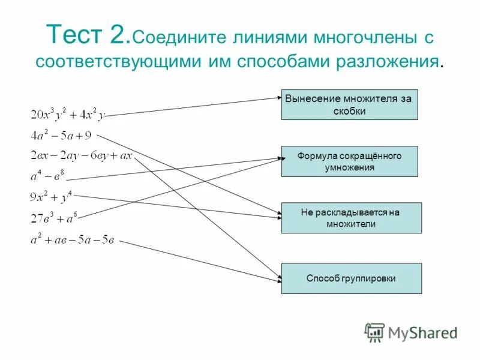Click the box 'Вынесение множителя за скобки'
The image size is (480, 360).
pyautogui.click(x=349, y=104)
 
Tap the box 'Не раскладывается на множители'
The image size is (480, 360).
pyautogui.click(x=351, y=218)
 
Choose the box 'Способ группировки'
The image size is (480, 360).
pyautogui.click(x=351, y=278)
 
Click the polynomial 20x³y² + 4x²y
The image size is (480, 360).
pyautogui.click(x=67, y=115)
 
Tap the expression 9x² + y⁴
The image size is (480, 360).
pyautogui.click(x=51, y=196)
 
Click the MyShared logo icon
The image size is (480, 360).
pyautogui.click(x=374, y=331)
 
